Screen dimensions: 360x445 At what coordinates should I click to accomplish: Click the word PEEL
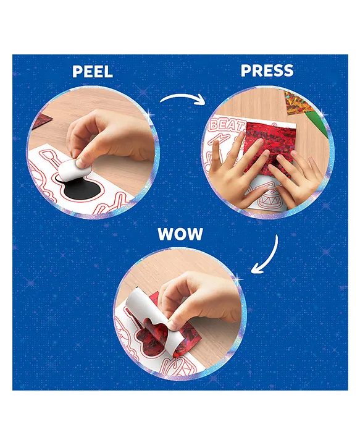point(93,72)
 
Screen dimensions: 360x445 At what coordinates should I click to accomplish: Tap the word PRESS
point(267,70)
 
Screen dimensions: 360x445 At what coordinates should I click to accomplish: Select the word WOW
point(180,234)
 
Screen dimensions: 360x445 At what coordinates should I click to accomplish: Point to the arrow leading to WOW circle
point(270,258)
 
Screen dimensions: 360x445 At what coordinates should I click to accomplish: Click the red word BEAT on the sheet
point(226,125)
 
